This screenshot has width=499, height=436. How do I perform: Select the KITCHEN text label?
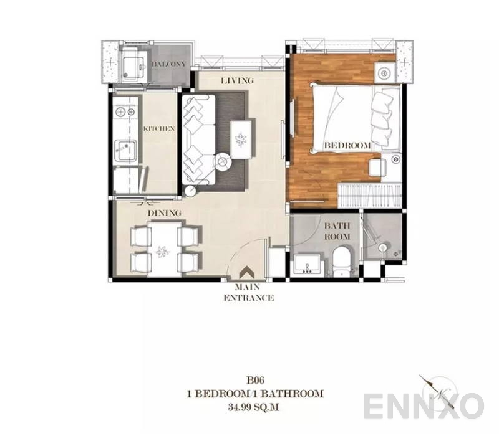[159, 129]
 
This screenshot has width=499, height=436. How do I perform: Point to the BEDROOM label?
[347, 145]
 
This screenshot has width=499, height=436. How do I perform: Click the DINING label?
[164, 213]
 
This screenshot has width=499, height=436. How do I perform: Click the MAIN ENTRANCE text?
[248, 293]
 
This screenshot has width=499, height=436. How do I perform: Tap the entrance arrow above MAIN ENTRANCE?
[248, 272]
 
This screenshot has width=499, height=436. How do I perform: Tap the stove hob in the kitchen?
[124, 112]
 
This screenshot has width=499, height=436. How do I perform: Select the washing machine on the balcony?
[132, 65]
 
